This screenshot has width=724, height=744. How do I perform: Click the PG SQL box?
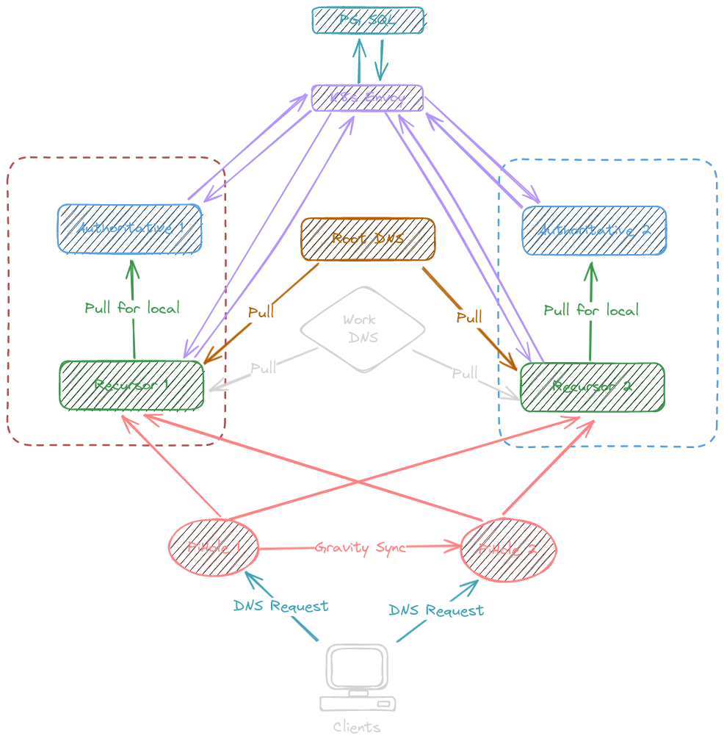pos(368,20)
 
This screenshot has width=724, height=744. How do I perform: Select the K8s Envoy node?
pos(368,98)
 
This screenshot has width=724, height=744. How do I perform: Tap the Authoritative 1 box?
pos(130,228)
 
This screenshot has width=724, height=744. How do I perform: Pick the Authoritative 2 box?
pos(594,231)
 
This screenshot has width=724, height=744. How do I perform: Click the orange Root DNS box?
pos(368,239)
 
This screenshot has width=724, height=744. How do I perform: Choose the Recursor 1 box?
pos(131,385)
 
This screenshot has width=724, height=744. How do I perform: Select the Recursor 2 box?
pos(592,386)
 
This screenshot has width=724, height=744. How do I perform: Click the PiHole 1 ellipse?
pos(214,547)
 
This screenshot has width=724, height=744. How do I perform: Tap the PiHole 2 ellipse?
pos(508,549)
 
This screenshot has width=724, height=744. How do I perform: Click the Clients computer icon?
pos(358,677)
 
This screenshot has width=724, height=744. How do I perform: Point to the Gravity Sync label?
pos(360,548)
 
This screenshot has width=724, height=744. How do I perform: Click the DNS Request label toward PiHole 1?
pos(280,606)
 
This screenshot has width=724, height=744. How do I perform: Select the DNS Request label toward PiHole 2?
pos(436,610)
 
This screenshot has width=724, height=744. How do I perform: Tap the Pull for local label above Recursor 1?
pos(131,308)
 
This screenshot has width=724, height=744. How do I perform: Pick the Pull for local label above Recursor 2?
pos(591,310)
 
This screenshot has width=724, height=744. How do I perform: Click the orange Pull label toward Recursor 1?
pos(261,312)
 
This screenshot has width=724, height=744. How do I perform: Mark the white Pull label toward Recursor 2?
pos(465,373)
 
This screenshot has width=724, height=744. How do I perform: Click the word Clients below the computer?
pos(357,727)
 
